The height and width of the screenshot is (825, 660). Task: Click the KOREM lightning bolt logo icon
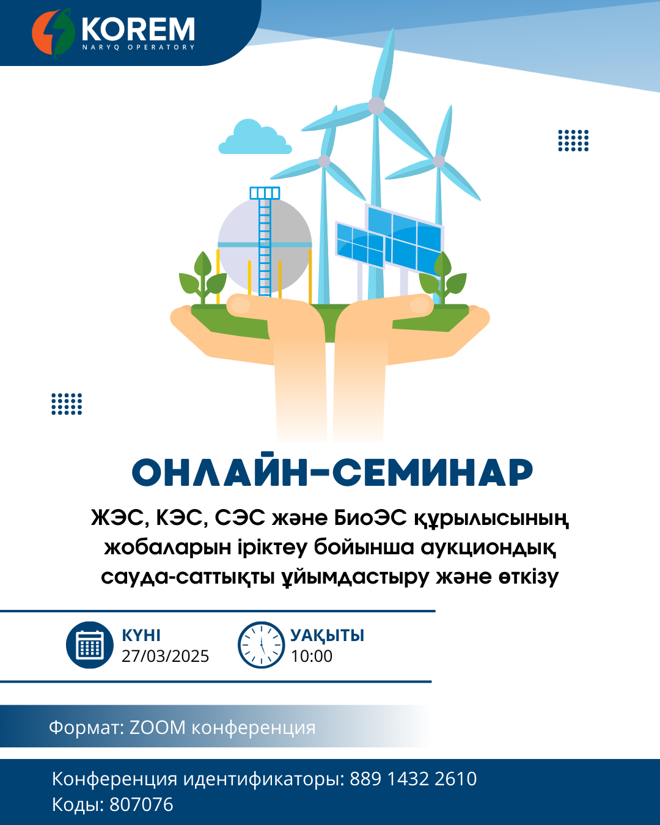(x=53, y=34)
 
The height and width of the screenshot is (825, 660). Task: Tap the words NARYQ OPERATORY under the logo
(x=139, y=47)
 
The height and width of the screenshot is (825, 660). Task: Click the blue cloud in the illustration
(x=255, y=137)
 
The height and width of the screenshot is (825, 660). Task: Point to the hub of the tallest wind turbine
(x=376, y=106)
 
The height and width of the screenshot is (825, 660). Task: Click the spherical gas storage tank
(x=265, y=245)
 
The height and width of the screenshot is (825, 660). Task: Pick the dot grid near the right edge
(x=573, y=141)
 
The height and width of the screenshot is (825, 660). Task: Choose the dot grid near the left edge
(x=67, y=404)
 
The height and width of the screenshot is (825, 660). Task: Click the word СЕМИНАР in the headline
(x=433, y=472)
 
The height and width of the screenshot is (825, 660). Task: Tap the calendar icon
(x=90, y=645)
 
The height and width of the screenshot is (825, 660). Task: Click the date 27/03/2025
(x=165, y=656)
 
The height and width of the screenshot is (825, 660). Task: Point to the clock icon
(x=261, y=645)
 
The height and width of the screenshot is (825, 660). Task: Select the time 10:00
(x=312, y=656)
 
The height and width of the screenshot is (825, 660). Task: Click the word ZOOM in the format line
(x=157, y=727)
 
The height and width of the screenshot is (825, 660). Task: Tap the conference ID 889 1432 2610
(x=413, y=779)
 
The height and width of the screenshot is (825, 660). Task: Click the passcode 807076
(x=142, y=804)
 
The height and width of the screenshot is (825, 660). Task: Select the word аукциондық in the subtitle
(x=488, y=547)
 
